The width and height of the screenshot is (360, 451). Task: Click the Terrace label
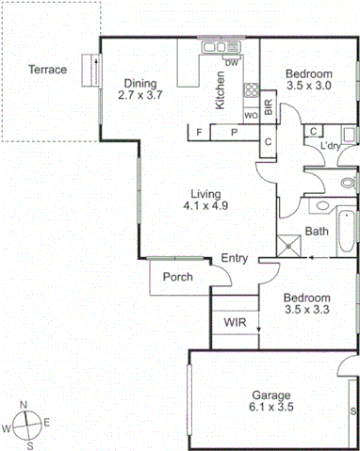tap(47, 69)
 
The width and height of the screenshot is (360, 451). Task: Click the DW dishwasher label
tap(231, 63)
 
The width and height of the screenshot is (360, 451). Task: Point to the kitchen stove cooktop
tap(252, 91)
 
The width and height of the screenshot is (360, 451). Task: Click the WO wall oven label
tap(252, 114)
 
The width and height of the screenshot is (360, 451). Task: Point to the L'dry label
tap(330, 146)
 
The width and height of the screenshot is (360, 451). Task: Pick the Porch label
tap(178, 277)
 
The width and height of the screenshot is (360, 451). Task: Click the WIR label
tap(235, 323)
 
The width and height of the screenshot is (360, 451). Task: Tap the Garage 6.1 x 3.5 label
tap(270, 401)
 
